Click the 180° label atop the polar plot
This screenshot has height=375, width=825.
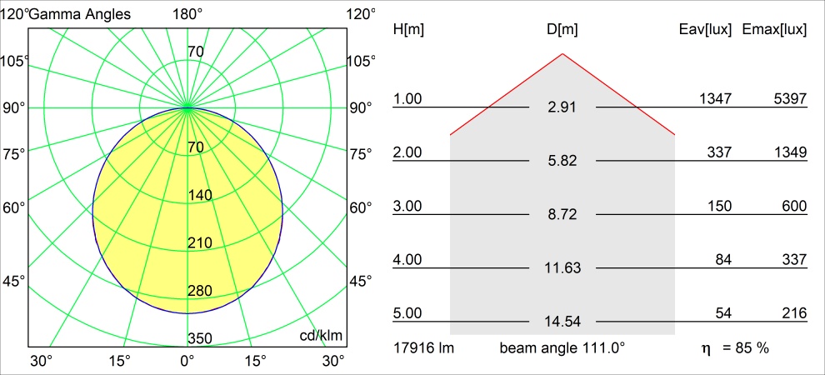coord(187,14)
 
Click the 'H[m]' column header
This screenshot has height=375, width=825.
coord(408,30)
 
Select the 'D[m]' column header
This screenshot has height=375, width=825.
coord(562,30)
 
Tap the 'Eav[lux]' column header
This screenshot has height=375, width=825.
coord(706,30)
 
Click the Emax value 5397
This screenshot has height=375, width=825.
coord(789,99)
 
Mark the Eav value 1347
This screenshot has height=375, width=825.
coord(715,99)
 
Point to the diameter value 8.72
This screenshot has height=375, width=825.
coord(562,215)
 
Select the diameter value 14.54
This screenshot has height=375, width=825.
coord(562,322)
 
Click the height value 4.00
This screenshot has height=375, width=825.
coord(407,260)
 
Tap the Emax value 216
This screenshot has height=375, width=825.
coord(793,313)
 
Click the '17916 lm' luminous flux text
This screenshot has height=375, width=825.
coord(422,347)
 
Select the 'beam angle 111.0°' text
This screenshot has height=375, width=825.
coord(562,347)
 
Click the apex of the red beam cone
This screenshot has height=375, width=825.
coord(562,54)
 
